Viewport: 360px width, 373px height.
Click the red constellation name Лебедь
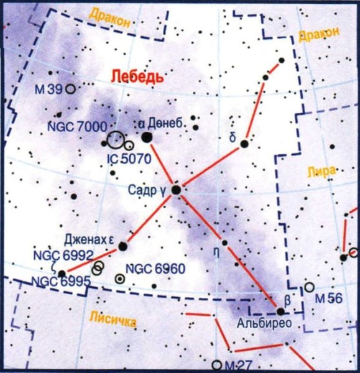(x=137, y=77)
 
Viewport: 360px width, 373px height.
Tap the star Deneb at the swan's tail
(x=147, y=137)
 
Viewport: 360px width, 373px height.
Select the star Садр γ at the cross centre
(x=177, y=189)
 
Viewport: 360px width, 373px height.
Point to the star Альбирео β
(x=280, y=311)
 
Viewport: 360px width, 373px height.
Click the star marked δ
(x=245, y=144)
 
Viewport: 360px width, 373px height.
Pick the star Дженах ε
(x=123, y=246)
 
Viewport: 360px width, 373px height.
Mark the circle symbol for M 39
(x=71, y=89)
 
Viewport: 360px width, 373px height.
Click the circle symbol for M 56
(x=309, y=287)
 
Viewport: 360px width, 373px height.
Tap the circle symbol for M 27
(x=216, y=365)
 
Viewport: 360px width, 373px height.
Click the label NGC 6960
(x=155, y=270)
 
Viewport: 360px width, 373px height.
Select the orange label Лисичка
(x=113, y=318)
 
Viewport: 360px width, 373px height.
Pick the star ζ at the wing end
(x=62, y=273)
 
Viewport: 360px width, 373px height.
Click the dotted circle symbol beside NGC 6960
(x=119, y=279)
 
